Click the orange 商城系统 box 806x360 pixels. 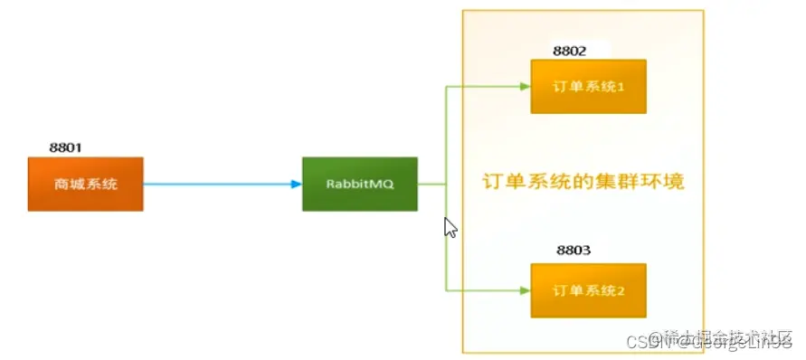point(85,185)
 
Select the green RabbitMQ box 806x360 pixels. point(359,184)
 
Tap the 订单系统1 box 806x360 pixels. point(588,87)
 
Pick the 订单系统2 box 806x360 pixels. point(588,291)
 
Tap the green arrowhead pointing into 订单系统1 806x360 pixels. point(524,87)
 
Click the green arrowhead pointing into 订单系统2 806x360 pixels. point(524,291)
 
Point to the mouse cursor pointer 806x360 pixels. point(450,226)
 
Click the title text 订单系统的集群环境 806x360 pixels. point(582,182)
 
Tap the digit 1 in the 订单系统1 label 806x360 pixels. point(621,87)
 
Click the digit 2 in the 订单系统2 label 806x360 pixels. point(621,291)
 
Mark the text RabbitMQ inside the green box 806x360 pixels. point(359,184)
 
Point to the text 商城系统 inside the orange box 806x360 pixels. point(85,185)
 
